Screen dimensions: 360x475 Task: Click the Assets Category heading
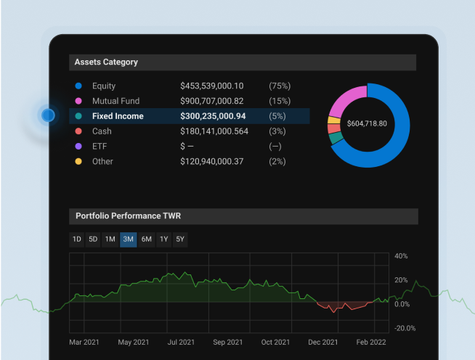coord(106,62)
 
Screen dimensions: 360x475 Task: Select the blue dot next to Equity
coord(78,86)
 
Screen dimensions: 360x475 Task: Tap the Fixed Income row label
coord(118,116)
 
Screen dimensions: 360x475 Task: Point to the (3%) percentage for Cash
coord(278,131)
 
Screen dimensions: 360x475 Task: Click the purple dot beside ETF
coord(78,147)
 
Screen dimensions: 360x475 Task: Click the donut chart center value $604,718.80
coord(367,123)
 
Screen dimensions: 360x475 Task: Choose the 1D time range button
coord(76,240)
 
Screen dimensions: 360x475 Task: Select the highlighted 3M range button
coord(129,240)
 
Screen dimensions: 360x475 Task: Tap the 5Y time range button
coord(179,240)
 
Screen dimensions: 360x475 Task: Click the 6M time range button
coord(146,240)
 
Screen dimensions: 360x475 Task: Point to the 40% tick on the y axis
coord(401,256)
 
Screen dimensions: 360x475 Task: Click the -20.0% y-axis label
coord(405,328)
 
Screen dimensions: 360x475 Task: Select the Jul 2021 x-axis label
coord(181,342)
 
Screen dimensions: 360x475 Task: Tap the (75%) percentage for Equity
coord(280,86)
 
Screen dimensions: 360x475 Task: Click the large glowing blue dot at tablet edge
coord(48,115)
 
